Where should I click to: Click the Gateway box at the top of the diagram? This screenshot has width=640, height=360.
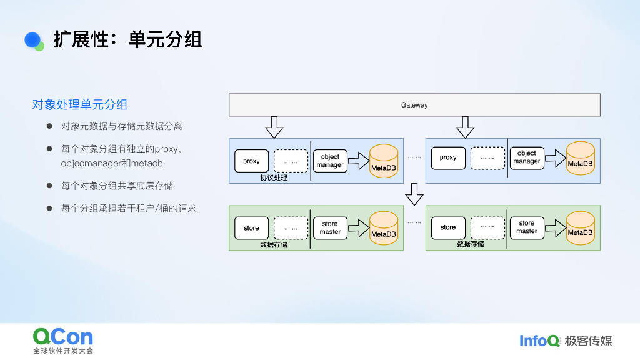(x=414, y=105)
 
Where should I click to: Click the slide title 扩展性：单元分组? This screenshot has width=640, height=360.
(x=127, y=40)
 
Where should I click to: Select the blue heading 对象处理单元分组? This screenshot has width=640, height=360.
(x=80, y=104)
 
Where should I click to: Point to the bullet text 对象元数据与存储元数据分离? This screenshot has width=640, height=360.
(x=121, y=126)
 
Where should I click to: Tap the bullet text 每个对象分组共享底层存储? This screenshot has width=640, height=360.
(x=117, y=186)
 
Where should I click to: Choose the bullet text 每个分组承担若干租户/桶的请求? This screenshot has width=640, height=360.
(x=129, y=208)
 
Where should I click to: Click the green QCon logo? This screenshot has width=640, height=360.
(x=63, y=337)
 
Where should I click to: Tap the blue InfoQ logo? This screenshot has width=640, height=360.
(x=539, y=341)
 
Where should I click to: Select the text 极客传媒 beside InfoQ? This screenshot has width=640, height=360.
(x=588, y=341)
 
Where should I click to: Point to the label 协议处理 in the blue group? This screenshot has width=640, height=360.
(x=273, y=177)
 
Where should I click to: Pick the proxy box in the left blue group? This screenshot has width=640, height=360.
(x=251, y=161)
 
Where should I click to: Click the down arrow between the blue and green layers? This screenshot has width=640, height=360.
(x=414, y=194)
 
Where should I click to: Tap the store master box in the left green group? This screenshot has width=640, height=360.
(x=330, y=228)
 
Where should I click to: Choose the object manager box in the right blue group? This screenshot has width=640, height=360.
(x=526, y=157)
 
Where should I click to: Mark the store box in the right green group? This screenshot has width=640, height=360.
(x=447, y=228)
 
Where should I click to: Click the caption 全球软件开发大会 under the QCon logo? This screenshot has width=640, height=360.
(x=63, y=351)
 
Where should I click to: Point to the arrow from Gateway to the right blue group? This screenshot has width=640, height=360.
(x=464, y=127)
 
